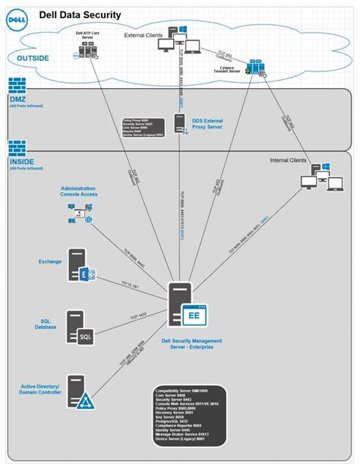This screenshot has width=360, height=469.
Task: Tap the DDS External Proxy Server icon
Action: click(x=181, y=123)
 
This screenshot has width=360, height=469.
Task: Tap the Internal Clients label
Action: click(x=289, y=160)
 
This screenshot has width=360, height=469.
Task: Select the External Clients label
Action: click(x=144, y=35)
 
